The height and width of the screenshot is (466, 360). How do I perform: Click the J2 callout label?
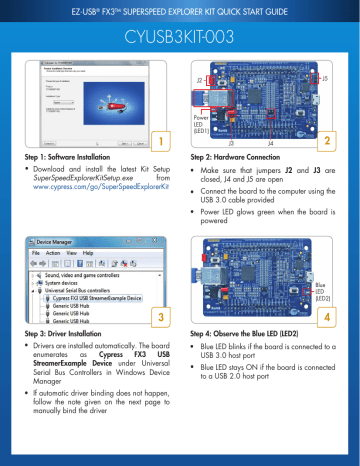(x=200, y=78)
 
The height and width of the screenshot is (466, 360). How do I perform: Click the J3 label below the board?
(x=232, y=144)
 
